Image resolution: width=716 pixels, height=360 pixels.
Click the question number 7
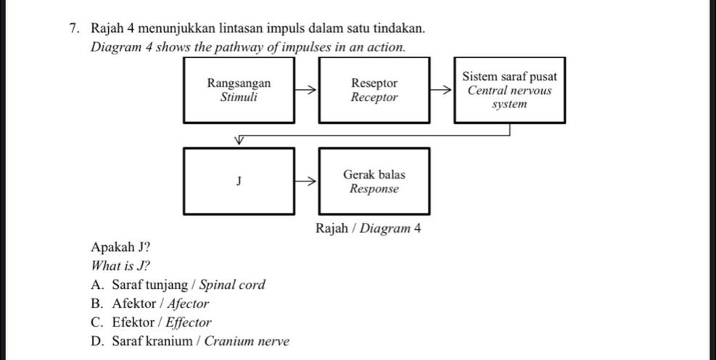point(75,28)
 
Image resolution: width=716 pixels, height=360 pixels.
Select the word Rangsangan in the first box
point(239,83)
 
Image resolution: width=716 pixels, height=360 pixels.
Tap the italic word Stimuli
point(239,97)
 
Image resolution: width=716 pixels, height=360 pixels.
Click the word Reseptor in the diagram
point(374,83)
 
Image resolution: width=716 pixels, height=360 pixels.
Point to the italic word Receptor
point(374,97)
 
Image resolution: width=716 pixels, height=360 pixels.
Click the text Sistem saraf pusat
point(509,78)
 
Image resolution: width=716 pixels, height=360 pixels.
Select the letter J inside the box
point(239,180)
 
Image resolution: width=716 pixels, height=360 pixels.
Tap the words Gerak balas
point(374,175)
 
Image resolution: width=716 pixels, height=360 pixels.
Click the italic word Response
point(374,189)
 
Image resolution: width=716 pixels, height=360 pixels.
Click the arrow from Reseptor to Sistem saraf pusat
point(441,91)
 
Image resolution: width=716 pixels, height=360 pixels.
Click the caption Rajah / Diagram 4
point(369,229)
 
